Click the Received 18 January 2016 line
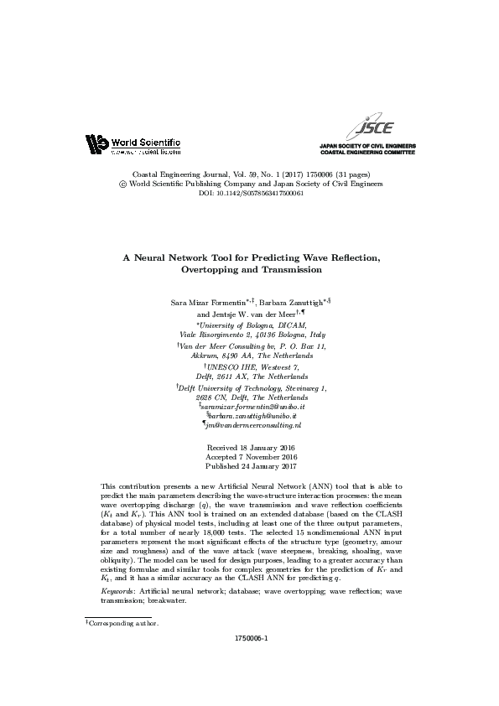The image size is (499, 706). [x=250, y=449]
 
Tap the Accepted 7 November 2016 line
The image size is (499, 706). [x=250, y=458]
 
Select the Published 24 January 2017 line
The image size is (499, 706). [x=250, y=467]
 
